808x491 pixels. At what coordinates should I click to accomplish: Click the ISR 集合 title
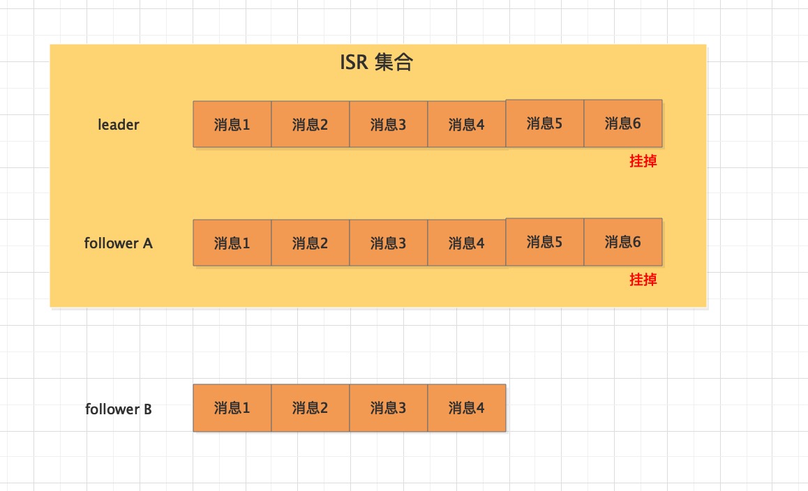tap(376, 62)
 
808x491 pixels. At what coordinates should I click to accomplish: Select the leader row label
tap(119, 125)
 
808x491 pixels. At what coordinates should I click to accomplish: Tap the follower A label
tap(119, 243)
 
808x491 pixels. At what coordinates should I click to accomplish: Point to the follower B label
tap(119, 409)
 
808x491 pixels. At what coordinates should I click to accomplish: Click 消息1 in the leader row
tap(232, 124)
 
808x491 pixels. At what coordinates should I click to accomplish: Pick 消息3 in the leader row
tap(388, 124)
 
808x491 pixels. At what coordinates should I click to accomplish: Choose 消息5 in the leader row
tap(545, 123)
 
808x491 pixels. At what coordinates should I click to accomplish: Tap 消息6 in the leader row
tap(623, 123)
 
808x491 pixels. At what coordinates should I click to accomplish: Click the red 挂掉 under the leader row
tap(643, 161)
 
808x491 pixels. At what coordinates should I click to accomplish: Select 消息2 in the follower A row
tap(311, 243)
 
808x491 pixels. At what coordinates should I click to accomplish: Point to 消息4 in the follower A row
tap(466, 243)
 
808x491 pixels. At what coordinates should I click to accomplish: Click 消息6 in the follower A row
tap(623, 241)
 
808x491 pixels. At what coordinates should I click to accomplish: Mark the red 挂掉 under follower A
tap(643, 280)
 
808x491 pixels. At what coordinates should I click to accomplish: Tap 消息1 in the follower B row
tap(232, 408)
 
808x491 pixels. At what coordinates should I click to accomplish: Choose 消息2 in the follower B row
tap(311, 408)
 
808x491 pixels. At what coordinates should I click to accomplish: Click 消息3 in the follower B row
tap(388, 408)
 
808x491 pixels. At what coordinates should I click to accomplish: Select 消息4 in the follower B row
tap(466, 408)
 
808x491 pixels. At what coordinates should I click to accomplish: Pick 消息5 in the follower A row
tap(545, 241)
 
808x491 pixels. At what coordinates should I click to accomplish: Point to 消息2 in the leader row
tap(311, 124)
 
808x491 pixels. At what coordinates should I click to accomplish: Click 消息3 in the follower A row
tap(388, 243)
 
